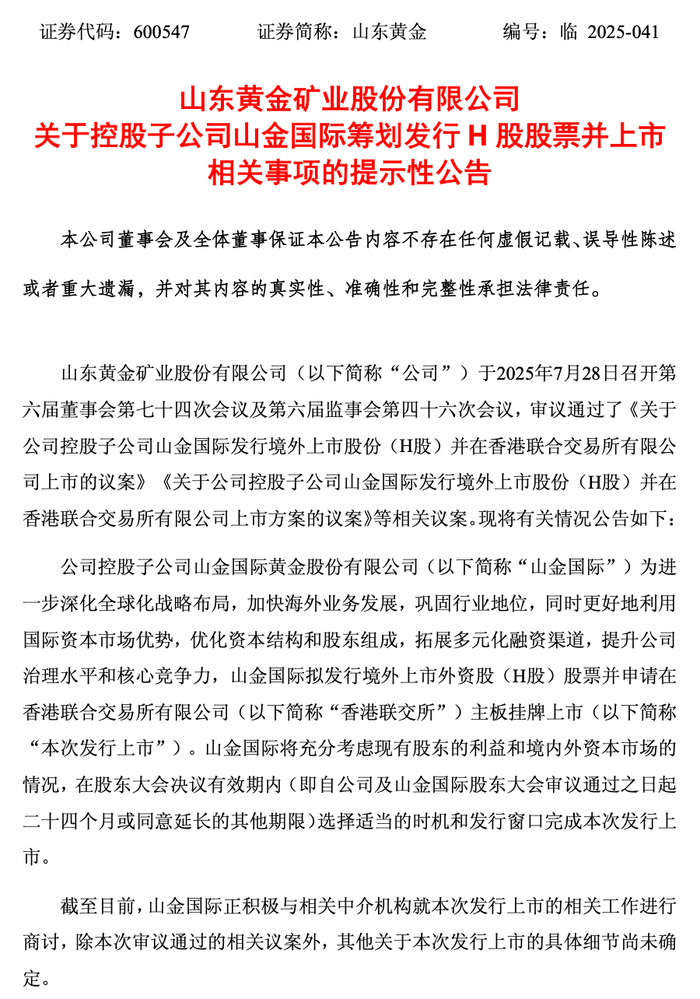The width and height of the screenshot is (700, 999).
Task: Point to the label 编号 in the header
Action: point(523,32)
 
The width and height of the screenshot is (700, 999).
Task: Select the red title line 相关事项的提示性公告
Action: point(349,173)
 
